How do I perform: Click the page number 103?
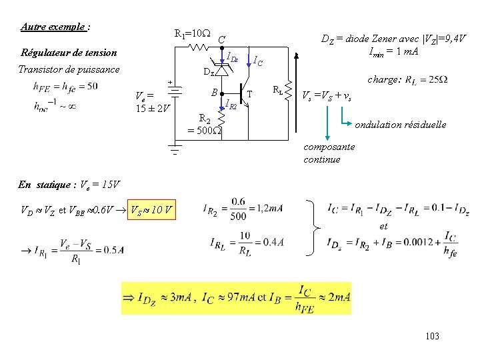[x=431, y=336]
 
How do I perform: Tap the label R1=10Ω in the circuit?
[x=192, y=33]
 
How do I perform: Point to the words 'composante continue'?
[x=329, y=153]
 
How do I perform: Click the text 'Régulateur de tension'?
[x=69, y=53]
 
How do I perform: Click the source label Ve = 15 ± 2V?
[x=153, y=101]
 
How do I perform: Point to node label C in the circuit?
[x=221, y=39]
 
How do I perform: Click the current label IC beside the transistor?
[x=257, y=61]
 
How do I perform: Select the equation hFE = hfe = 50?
[x=65, y=86]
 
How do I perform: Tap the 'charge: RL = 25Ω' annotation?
[x=407, y=79]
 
